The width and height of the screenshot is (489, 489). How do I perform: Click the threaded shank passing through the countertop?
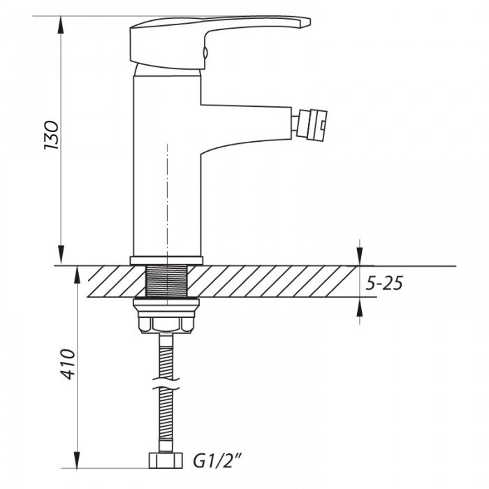[166, 281]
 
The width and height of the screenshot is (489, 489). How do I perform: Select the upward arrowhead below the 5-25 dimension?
[360, 307]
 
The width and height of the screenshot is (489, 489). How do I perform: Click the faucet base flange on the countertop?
[166, 261]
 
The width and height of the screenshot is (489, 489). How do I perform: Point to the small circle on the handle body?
[205, 51]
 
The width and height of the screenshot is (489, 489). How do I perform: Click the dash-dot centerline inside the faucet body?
[167, 196]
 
